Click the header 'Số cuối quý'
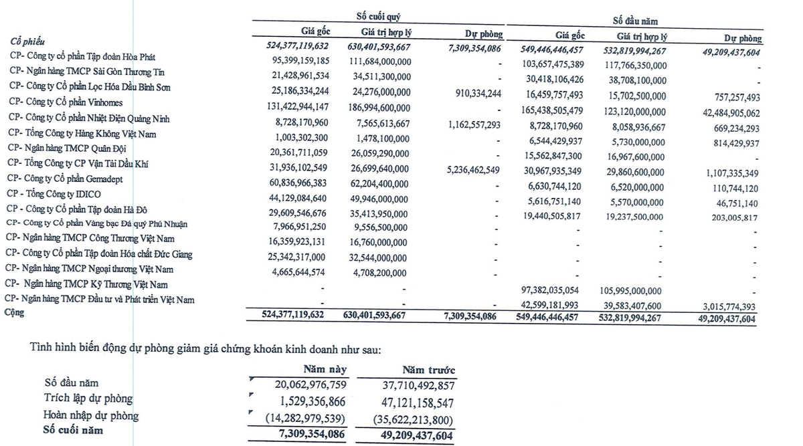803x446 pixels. tap(379, 17)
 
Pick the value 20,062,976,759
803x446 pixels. tap(300, 384)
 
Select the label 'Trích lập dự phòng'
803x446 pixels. tap(89, 399)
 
